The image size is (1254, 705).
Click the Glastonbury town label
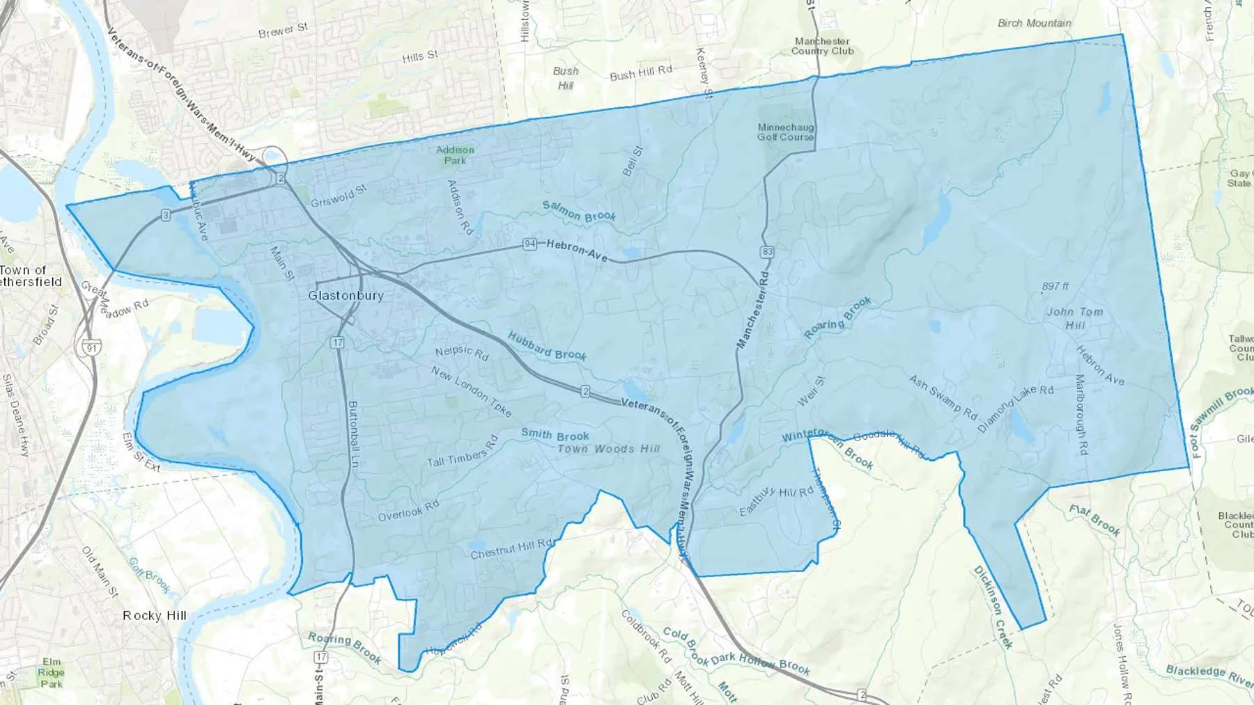pyautogui.click(x=346, y=296)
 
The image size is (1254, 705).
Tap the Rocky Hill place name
pyautogui.click(x=155, y=616)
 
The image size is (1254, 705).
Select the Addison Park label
pyautogui.click(x=455, y=155)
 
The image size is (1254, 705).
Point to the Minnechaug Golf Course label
pyautogui.click(x=785, y=132)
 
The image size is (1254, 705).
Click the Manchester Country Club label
pyautogui.click(x=822, y=46)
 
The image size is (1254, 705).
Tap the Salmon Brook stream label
pyautogui.click(x=579, y=212)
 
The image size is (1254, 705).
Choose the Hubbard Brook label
pyautogui.click(x=547, y=347)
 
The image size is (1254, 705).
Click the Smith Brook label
pyautogui.click(x=555, y=436)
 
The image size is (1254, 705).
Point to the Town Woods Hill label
pyautogui.click(x=608, y=449)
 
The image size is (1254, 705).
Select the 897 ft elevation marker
pyautogui.click(x=1055, y=286)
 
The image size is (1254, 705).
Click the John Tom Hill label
pyautogui.click(x=1075, y=318)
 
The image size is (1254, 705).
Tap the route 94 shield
pyautogui.click(x=530, y=244)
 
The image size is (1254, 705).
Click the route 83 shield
pyautogui.click(x=768, y=252)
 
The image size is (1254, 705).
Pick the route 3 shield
pyautogui.click(x=166, y=216)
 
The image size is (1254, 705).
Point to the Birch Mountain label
pyautogui.click(x=1034, y=23)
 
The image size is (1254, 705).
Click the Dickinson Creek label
pyautogui.click(x=993, y=607)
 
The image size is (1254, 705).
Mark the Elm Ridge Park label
pyautogui.click(x=51, y=672)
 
